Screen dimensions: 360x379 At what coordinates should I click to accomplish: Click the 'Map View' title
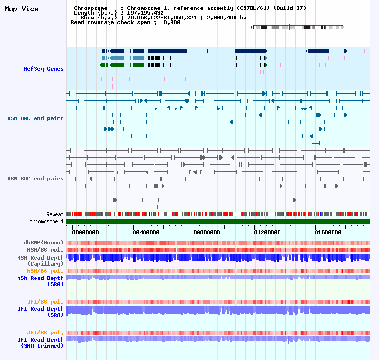pos(21,9)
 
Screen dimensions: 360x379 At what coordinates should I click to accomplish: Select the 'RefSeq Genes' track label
pos(44,69)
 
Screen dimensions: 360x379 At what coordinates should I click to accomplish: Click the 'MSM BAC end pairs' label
pos(35,118)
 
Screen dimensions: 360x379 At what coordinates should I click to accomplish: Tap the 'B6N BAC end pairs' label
pos(35,179)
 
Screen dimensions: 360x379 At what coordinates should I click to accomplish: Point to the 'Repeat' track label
pos(55,215)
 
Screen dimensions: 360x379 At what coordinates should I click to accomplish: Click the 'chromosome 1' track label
pos(46,221)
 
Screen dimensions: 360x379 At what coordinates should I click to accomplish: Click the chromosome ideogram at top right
pos(297,27)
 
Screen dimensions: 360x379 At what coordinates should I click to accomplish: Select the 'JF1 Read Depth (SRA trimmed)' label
pos(40,342)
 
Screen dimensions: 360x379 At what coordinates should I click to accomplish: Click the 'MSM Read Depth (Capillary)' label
pos(40,261)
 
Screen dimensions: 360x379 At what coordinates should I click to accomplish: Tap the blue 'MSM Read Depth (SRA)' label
pos(40,281)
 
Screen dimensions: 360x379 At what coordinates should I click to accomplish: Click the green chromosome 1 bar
pos(218,221)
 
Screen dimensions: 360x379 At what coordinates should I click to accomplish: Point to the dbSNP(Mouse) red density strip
pos(218,243)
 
